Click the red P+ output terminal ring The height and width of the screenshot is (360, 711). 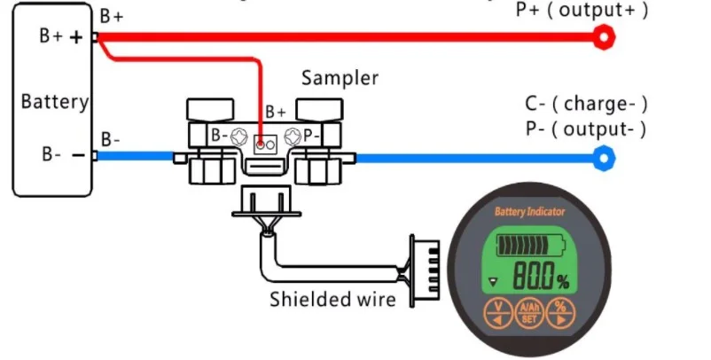pyautogui.click(x=605, y=36)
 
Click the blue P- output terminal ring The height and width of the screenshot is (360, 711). pyautogui.click(x=605, y=159)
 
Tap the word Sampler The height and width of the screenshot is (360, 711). pyautogui.click(x=340, y=78)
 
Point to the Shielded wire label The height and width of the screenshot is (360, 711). pyautogui.click(x=332, y=300)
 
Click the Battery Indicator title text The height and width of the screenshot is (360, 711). pyautogui.click(x=529, y=212)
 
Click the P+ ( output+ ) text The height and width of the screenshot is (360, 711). pyautogui.click(x=582, y=11)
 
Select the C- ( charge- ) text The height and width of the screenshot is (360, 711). pyautogui.click(x=586, y=104)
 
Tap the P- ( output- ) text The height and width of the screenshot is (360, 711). pyautogui.click(x=585, y=129)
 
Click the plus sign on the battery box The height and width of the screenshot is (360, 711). pyautogui.click(x=77, y=37)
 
